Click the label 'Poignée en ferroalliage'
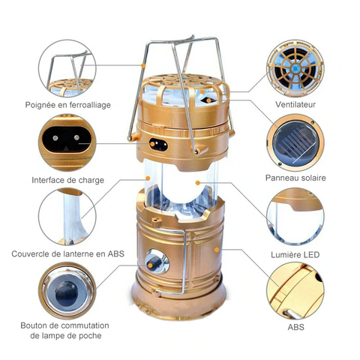point(67,105)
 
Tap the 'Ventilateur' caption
point(295,104)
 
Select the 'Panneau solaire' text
point(295,178)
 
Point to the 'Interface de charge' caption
point(67,180)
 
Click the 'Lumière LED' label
point(295,255)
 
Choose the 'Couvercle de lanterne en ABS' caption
point(67,253)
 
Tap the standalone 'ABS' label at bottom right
point(295,327)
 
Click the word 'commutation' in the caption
point(85,325)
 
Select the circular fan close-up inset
point(295,68)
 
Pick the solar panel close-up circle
point(295,142)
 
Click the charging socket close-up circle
point(67,142)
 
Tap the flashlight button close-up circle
point(67,290)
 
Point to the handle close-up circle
point(67,68)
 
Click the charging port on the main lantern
point(158,145)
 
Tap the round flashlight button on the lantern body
point(157,262)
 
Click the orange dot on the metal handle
point(143,65)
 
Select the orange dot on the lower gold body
point(217,250)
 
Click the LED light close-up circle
point(295,217)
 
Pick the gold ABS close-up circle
point(295,290)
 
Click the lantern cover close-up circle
point(67,217)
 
